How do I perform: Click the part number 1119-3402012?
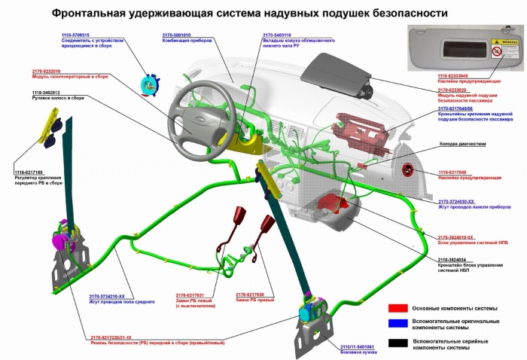(x=46, y=93)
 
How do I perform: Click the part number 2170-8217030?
(x=251, y=294)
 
